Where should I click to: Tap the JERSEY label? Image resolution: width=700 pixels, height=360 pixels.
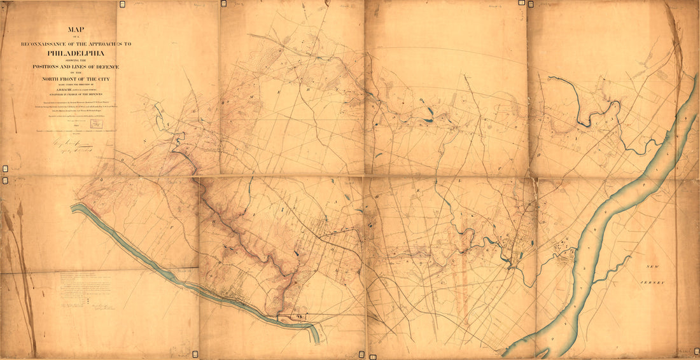[x=654, y=282]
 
